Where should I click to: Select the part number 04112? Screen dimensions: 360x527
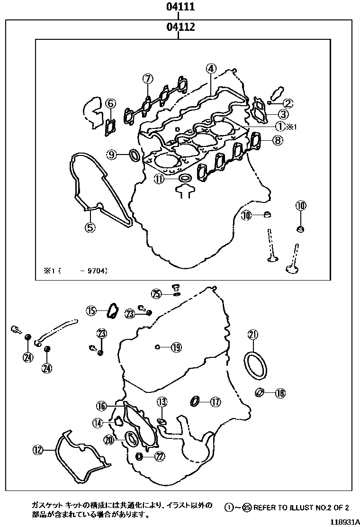click(x=180, y=27)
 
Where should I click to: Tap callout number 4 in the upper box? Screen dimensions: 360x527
click(x=211, y=68)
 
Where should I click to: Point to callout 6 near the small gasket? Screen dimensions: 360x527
click(x=110, y=103)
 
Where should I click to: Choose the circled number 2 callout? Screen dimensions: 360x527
click(x=288, y=102)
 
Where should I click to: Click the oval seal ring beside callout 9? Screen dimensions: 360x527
click(x=135, y=154)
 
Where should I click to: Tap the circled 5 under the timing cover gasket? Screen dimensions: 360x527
click(x=90, y=227)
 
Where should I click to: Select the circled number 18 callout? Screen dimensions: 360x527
click(x=280, y=392)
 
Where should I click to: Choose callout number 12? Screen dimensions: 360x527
click(x=37, y=449)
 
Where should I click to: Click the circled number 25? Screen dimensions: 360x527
click(x=157, y=294)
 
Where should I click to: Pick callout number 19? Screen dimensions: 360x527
click(x=176, y=347)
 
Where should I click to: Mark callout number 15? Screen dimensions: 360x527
click(x=91, y=311)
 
